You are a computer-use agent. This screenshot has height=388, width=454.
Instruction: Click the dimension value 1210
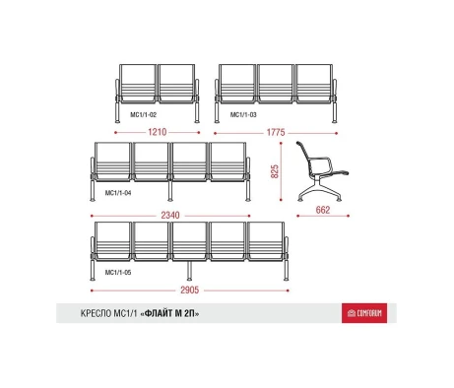158,132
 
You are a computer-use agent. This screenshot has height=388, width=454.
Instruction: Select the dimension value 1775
276,132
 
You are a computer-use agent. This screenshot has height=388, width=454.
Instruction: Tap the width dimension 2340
170,216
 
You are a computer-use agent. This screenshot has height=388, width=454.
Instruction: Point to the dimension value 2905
190,291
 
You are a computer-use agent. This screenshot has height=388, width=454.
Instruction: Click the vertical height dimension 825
275,171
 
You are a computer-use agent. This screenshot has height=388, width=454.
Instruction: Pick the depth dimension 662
323,210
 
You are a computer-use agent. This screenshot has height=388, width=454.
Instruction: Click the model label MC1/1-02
144,115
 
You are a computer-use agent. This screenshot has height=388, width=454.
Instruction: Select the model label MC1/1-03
243,115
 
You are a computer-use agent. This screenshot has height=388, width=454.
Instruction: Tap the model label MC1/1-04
118,193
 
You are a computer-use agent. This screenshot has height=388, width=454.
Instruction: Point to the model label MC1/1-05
118,273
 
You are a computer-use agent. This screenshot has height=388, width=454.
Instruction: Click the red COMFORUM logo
364,313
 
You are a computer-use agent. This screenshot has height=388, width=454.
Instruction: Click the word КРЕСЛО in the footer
97,313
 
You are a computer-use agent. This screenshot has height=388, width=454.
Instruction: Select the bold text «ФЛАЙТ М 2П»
169,313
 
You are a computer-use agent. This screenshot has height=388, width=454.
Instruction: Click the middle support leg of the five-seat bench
189,271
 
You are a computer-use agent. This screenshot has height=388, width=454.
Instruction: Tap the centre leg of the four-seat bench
170,191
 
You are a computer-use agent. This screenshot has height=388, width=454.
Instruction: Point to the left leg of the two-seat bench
117,112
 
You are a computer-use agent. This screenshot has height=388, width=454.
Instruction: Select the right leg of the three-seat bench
334,112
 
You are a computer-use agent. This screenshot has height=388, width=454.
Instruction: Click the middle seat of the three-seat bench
275,84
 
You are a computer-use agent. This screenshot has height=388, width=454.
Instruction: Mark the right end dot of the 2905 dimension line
288,291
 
